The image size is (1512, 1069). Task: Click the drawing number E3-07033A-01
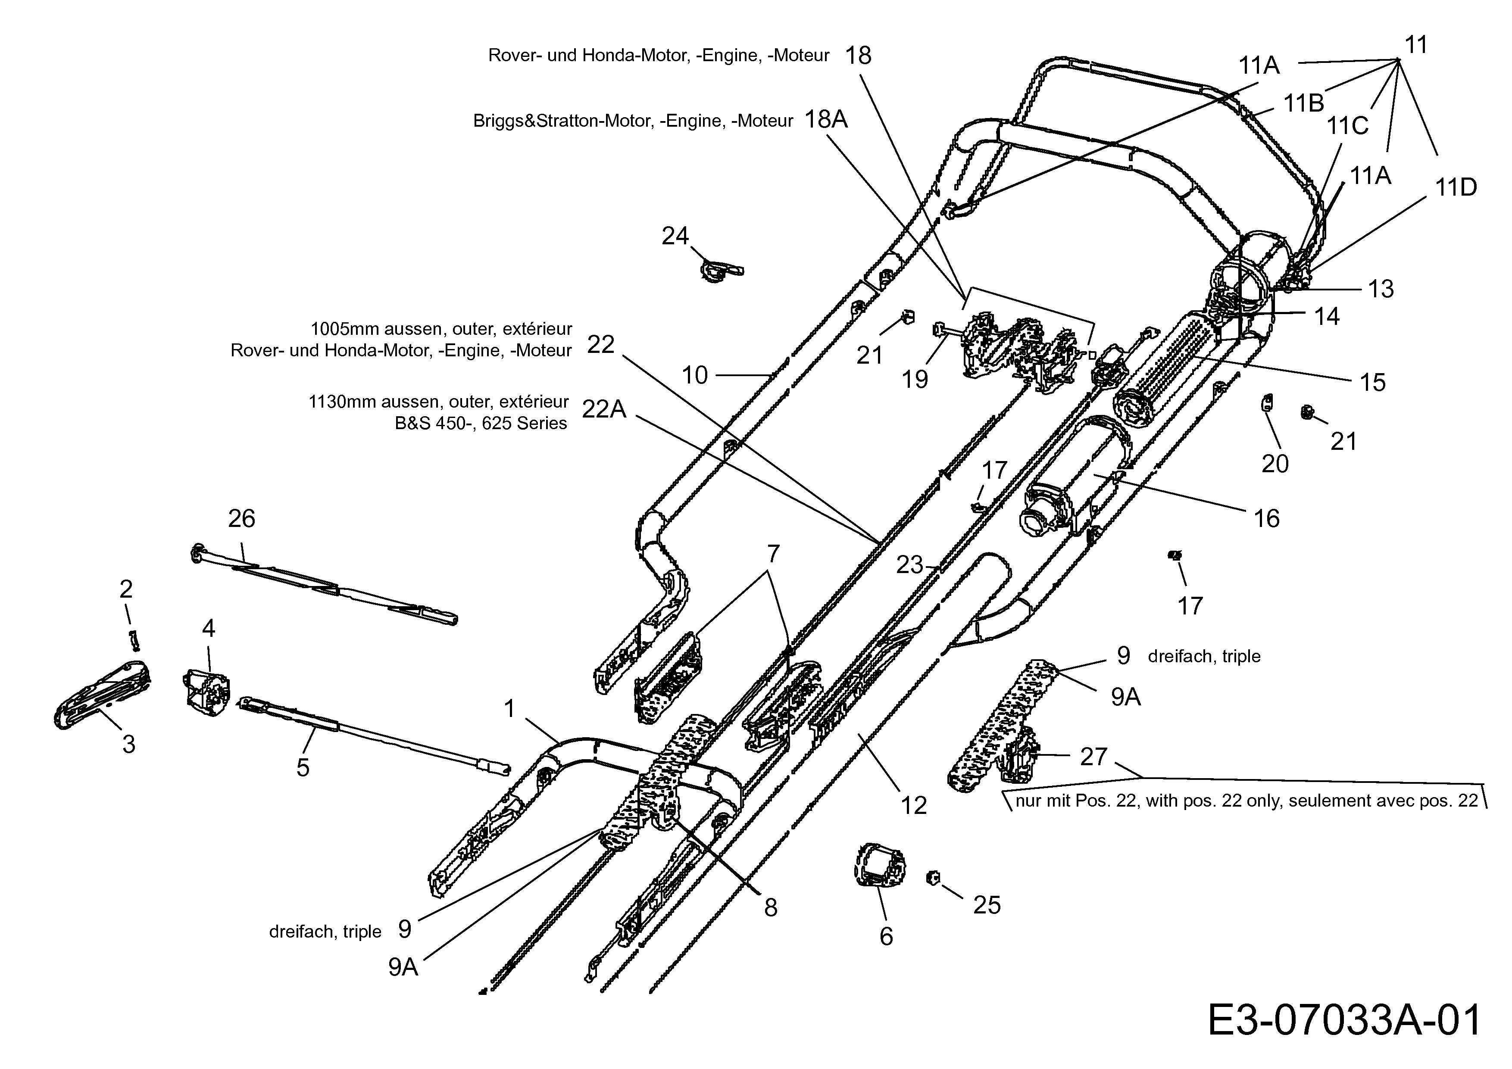[x=1344, y=1021]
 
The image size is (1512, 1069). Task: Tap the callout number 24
[x=675, y=236]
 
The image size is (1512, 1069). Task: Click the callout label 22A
[x=604, y=409]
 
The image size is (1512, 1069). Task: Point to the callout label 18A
[x=826, y=120]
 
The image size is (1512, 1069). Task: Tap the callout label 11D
[x=1456, y=187]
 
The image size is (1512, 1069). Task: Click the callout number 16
[x=1266, y=519]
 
